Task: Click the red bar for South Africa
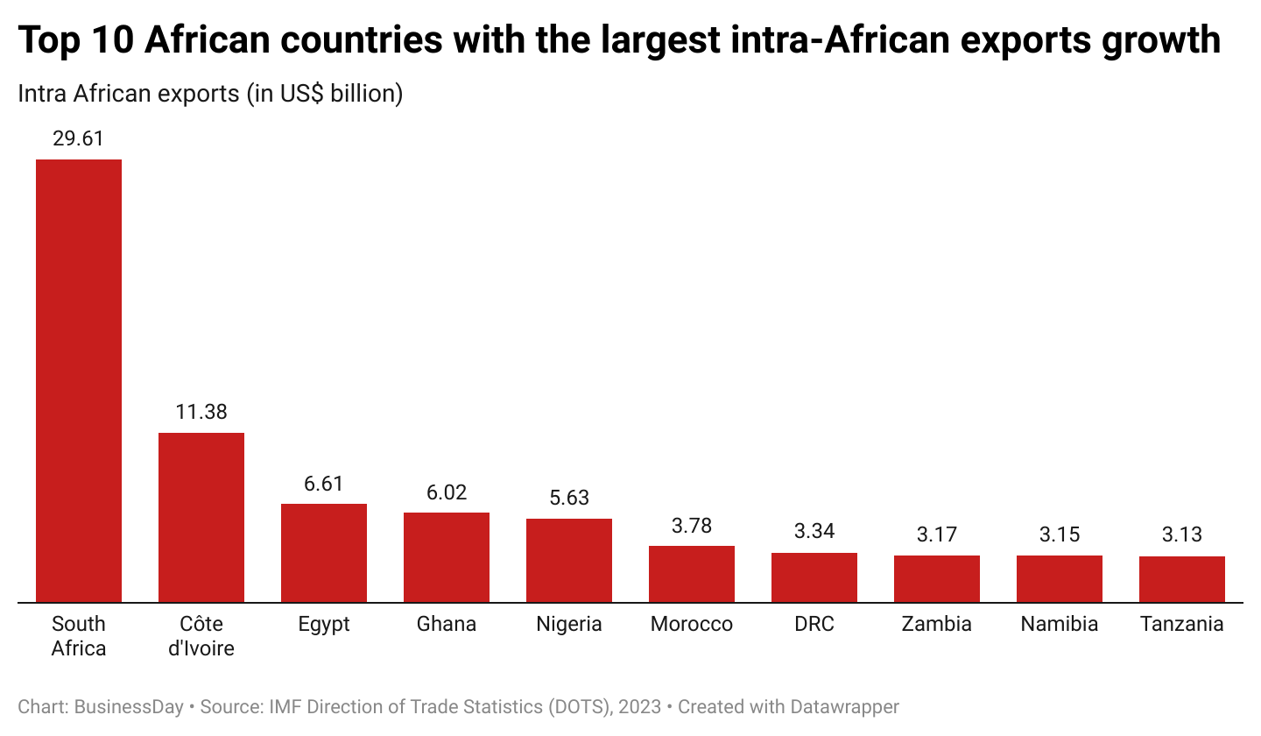(79, 381)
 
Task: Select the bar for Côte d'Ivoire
(201, 517)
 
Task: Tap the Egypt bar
(324, 553)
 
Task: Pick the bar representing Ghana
(447, 557)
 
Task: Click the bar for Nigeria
(569, 561)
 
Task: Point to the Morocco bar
(692, 574)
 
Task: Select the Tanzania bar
(1182, 579)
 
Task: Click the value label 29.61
(79, 138)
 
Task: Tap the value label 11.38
(201, 412)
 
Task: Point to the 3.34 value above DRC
(814, 532)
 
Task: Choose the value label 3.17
(937, 534)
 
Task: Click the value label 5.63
(569, 498)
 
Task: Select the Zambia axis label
(937, 624)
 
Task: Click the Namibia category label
(1060, 624)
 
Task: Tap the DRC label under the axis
(814, 624)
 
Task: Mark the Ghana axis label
(447, 624)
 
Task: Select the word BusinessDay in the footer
(129, 706)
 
